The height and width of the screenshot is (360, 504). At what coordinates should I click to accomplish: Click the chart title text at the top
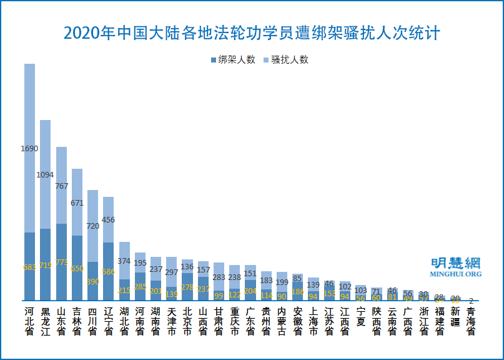pyautogui.click(x=252, y=32)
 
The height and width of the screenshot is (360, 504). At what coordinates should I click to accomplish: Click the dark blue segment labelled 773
pyautogui.click(x=61, y=262)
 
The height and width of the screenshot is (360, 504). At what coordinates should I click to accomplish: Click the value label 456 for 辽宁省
pyautogui.click(x=108, y=219)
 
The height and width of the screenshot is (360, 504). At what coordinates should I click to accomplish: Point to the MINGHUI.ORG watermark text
pyautogui.click(x=456, y=274)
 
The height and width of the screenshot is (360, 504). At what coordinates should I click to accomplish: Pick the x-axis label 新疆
pyautogui.click(x=455, y=317)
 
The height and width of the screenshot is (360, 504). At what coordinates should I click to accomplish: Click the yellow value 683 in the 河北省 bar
pyautogui.click(x=29, y=267)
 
